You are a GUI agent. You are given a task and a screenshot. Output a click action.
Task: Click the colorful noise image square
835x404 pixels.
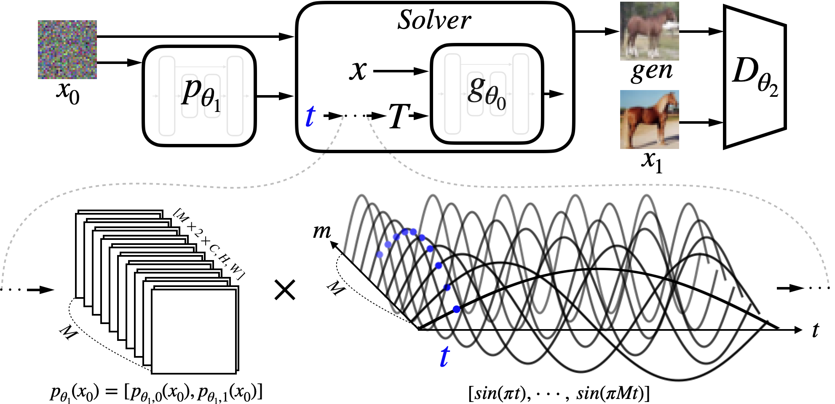(x=67, y=50)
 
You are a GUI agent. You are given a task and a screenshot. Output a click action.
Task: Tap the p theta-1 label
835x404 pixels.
(x=201, y=95)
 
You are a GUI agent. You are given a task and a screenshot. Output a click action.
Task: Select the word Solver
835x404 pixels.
(x=434, y=20)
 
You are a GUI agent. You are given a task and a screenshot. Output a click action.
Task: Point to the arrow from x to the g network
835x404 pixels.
(x=400, y=71)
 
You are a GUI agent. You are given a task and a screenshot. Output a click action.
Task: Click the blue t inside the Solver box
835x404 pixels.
(x=310, y=116)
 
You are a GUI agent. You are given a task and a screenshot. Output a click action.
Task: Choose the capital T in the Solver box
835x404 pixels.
(x=398, y=116)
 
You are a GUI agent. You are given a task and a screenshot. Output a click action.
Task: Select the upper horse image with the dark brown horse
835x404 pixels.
(x=649, y=31)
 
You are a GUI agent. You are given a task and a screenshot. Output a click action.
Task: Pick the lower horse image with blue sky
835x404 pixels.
(x=649, y=120)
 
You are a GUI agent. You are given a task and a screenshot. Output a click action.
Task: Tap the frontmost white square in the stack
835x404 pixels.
(x=194, y=331)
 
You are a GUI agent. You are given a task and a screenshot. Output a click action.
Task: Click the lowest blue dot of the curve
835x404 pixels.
(x=456, y=309)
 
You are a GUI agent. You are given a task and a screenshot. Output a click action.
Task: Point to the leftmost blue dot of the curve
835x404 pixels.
(x=380, y=255)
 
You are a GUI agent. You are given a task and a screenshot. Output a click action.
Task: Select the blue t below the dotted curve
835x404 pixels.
(x=444, y=357)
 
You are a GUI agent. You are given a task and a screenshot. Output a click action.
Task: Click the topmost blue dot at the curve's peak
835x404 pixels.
(x=413, y=231)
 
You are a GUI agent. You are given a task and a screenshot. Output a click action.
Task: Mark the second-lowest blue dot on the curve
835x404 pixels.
(x=447, y=288)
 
